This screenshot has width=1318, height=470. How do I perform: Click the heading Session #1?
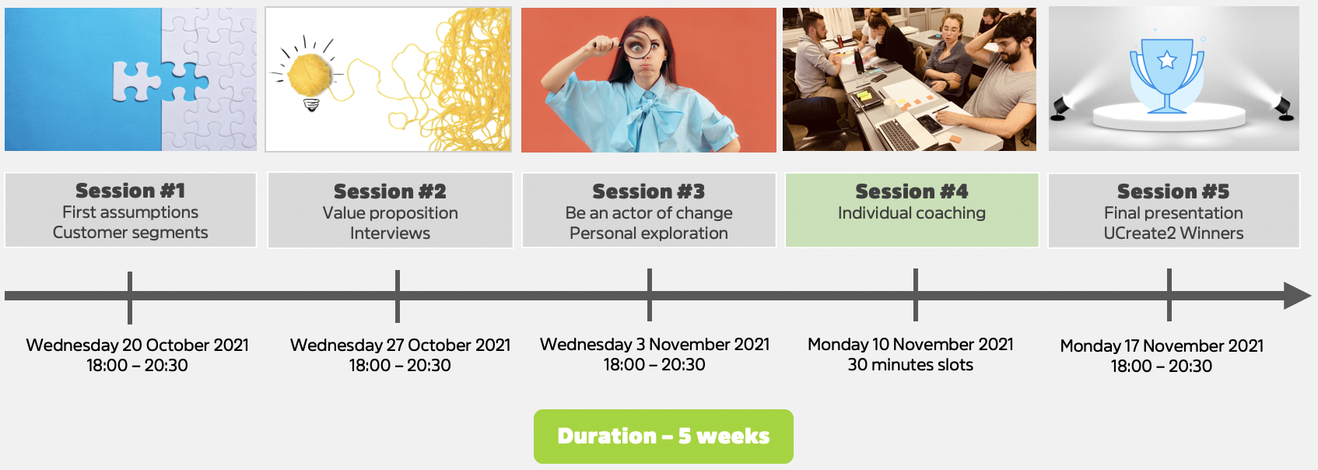pyautogui.click(x=130, y=191)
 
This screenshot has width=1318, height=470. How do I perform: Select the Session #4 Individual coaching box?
pyautogui.click(x=912, y=210)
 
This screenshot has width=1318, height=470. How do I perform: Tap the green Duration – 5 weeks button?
pyautogui.click(x=663, y=437)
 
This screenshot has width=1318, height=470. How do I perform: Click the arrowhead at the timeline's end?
pyautogui.click(x=1298, y=295)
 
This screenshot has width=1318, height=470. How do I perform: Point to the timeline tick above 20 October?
pyautogui.click(x=129, y=298)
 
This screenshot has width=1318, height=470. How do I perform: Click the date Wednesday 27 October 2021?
pyautogui.click(x=400, y=345)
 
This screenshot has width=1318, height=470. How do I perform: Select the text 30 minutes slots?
pyautogui.click(x=910, y=365)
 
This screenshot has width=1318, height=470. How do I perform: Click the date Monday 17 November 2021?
pyautogui.click(x=1162, y=345)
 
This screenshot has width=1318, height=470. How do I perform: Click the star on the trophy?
pyautogui.click(x=1167, y=60)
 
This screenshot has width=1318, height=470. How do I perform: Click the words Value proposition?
pyautogui.click(x=390, y=213)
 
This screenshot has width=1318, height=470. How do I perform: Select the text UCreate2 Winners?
pyautogui.click(x=1173, y=233)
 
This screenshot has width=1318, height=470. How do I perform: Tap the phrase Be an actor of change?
pyautogui.click(x=649, y=213)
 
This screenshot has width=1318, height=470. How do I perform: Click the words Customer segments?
pyautogui.click(x=130, y=233)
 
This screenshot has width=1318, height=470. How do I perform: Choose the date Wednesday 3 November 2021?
pyautogui.click(x=654, y=344)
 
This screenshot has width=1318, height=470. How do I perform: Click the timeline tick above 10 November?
pyautogui.click(x=916, y=295)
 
